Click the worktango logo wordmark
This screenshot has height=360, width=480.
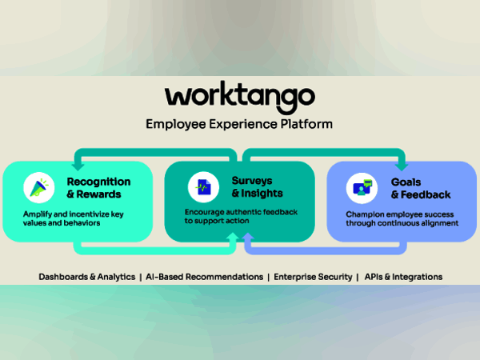(x=239, y=97)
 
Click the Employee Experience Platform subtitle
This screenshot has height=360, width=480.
(x=239, y=124)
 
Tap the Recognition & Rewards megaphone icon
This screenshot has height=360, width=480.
(x=38, y=189)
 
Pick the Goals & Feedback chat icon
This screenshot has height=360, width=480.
(x=362, y=188)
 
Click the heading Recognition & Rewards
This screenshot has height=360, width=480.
(x=99, y=188)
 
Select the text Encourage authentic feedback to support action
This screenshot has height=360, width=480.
(x=240, y=217)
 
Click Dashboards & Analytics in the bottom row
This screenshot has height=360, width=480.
(x=87, y=276)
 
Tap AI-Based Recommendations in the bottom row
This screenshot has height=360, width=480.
(x=205, y=276)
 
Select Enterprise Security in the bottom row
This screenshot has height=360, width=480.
(x=313, y=276)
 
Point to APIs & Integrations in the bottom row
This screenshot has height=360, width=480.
(x=403, y=276)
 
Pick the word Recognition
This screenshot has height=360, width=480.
(x=99, y=182)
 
